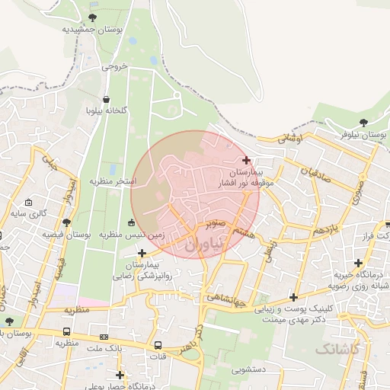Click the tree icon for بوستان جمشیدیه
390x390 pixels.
click(x=93, y=18)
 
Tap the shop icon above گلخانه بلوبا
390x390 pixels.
click(x=106, y=100)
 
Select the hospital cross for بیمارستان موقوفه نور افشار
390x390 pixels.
click(x=245, y=160)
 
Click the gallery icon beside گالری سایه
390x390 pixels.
click(x=29, y=203)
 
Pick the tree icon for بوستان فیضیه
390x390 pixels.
click(x=67, y=222)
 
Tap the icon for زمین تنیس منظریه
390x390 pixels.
click(x=132, y=222)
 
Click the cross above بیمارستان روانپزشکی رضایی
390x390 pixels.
click(x=142, y=252)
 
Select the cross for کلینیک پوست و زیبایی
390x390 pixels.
click(x=293, y=297)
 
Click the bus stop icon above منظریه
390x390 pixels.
click(x=68, y=332)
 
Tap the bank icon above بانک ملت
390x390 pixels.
click(x=104, y=337)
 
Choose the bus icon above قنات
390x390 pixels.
click(x=158, y=344)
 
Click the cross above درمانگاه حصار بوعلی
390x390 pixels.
click(x=120, y=374)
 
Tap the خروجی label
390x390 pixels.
click(x=114, y=66)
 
